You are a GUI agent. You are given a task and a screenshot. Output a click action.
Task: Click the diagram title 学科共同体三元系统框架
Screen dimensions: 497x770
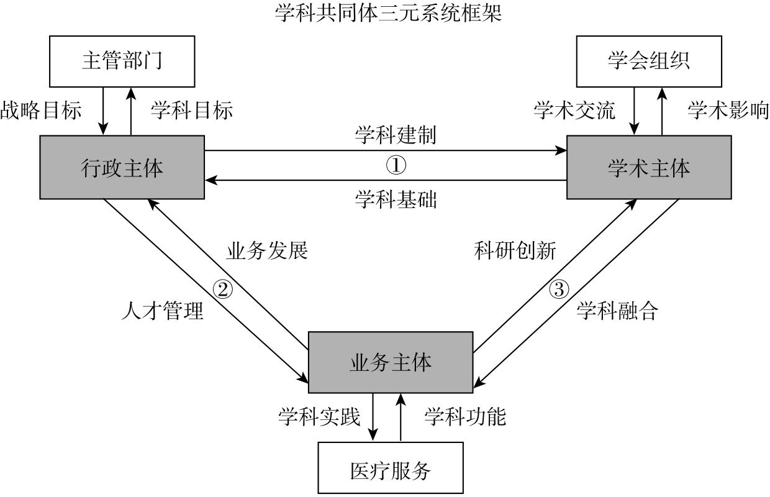pos(388,13)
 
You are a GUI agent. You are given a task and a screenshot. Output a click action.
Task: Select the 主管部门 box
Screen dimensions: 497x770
pos(122,62)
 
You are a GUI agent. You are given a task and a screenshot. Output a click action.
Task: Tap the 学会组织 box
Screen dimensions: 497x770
pos(649,62)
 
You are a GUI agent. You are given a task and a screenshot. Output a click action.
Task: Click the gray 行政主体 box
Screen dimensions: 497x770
pos(122,168)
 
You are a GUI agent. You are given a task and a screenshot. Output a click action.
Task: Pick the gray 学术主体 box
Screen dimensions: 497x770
pos(649,168)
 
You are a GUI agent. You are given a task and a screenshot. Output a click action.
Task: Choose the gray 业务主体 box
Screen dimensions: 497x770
pos(390,363)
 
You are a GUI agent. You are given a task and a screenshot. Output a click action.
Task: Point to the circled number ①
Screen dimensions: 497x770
pos(396,165)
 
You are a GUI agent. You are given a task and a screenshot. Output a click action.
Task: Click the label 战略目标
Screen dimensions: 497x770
pos(41,110)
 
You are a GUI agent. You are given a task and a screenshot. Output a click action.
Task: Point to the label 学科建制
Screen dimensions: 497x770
pos(396,135)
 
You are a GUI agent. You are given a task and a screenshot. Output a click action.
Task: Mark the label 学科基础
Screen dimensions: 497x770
pos(396,200)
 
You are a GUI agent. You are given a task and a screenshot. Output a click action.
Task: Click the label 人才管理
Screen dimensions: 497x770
pos(162,311)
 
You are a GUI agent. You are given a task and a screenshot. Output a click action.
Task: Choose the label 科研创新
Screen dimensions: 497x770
pos(515,251)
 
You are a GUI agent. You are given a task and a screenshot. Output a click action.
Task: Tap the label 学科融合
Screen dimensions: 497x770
pos(617,311)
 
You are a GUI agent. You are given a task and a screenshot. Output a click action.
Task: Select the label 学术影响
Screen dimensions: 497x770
pos(728,110)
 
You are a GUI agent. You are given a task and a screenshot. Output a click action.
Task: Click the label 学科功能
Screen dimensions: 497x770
pos(465,416)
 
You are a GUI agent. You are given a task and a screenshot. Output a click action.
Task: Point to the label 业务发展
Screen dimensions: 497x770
pos(266,251)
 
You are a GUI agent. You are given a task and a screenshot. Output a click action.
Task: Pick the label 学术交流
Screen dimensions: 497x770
pos(574,110)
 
